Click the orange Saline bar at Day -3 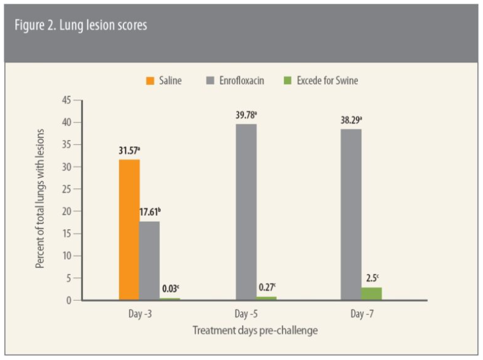[129, 229]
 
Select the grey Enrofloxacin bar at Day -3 [149, 260]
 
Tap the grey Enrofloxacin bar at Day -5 [246, 211]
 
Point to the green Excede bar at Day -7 [371, 294]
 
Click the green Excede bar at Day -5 [266, 298]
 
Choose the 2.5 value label [372, 278]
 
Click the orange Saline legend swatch [148, 81]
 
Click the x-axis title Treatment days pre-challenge [255, 331]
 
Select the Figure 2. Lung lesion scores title [81, 26]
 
